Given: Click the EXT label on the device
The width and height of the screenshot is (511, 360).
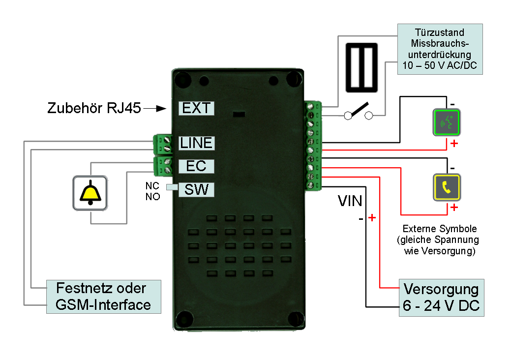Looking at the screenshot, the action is tap(196, 108).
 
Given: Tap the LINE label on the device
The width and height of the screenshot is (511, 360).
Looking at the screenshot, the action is tap(196, 143).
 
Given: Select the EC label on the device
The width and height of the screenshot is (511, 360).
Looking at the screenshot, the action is tap(196, 166).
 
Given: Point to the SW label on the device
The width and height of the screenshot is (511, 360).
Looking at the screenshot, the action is tap(196, 190).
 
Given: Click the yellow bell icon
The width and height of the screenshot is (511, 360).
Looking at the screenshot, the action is tap(90, 193).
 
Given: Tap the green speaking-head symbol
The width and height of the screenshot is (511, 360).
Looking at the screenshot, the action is tap(447, 122).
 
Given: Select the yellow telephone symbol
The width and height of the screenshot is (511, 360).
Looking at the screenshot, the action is tap(447, 187).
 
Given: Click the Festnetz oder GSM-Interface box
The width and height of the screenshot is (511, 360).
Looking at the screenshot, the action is tap(104, 297).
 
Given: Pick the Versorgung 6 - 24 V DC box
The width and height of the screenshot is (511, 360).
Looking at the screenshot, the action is tap(442, 298).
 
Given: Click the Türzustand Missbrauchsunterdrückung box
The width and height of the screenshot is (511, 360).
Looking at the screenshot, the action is tap(440, 49).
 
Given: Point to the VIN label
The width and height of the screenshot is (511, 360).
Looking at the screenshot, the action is tap(350, 201).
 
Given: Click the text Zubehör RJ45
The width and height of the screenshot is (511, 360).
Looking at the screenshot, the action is tap(94, 108).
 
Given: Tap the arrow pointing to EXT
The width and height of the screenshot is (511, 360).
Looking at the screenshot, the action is tap(155, 109).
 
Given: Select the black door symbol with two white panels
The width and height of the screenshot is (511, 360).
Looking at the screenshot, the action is tap(361, 68).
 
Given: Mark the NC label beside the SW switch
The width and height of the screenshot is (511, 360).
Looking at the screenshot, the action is tap(152, 186).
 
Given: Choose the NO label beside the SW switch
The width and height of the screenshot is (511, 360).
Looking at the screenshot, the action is tap(152, 197).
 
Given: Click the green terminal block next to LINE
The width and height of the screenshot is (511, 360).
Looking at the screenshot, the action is tap(163, 144).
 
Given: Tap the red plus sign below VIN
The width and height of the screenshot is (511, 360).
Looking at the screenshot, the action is tap(372, 217).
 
